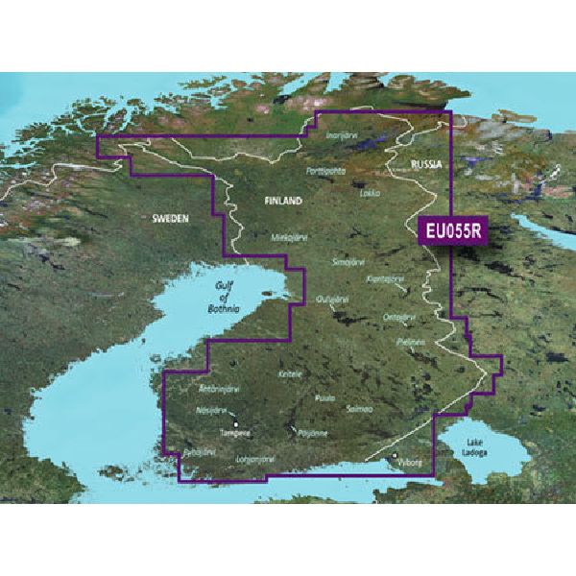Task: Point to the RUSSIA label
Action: point(426,165)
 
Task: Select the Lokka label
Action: point(369,192)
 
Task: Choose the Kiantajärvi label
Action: point(386,278)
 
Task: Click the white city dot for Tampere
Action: point(236,423)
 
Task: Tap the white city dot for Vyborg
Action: point(396,455)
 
